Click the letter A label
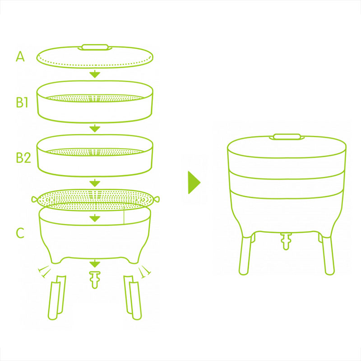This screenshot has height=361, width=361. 20,56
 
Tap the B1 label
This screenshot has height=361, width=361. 22,102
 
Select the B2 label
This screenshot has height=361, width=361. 23,157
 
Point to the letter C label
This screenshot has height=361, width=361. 20,233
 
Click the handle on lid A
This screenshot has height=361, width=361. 95,47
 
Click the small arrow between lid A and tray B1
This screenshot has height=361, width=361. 95,74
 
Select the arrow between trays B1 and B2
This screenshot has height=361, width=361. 95,128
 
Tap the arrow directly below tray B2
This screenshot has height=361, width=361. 95,183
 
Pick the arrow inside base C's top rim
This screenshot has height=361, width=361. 95,218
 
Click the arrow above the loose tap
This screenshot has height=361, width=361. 95,264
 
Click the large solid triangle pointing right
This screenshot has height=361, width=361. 194,182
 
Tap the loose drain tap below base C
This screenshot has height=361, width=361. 95,280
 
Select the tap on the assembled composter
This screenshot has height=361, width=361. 286,241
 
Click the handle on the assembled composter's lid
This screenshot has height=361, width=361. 287,137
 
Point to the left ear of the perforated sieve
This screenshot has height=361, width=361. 35,199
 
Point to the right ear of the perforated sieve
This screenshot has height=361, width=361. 156,199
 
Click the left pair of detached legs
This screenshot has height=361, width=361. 57,297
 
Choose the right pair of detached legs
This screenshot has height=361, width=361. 133,297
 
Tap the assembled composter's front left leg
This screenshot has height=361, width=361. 245,255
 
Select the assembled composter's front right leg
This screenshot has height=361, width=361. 328,255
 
